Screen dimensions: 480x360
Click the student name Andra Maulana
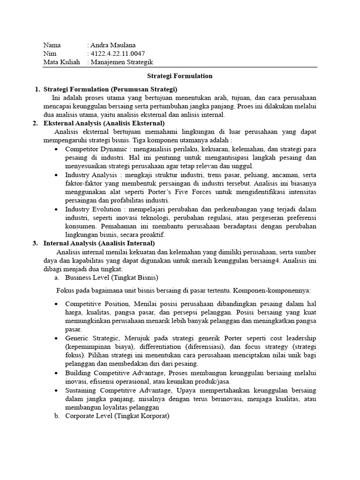point(113,45)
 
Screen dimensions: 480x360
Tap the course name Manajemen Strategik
point(122,62)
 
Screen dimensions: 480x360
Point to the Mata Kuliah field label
point(61,62)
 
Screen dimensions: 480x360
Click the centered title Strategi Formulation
point(180,75)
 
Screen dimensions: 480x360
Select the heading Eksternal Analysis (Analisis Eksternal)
point(104,123)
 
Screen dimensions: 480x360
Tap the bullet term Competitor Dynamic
point(92,149)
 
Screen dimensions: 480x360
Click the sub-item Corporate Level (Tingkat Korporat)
point(117,415)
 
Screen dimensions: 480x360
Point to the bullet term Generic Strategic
point(92,338)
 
